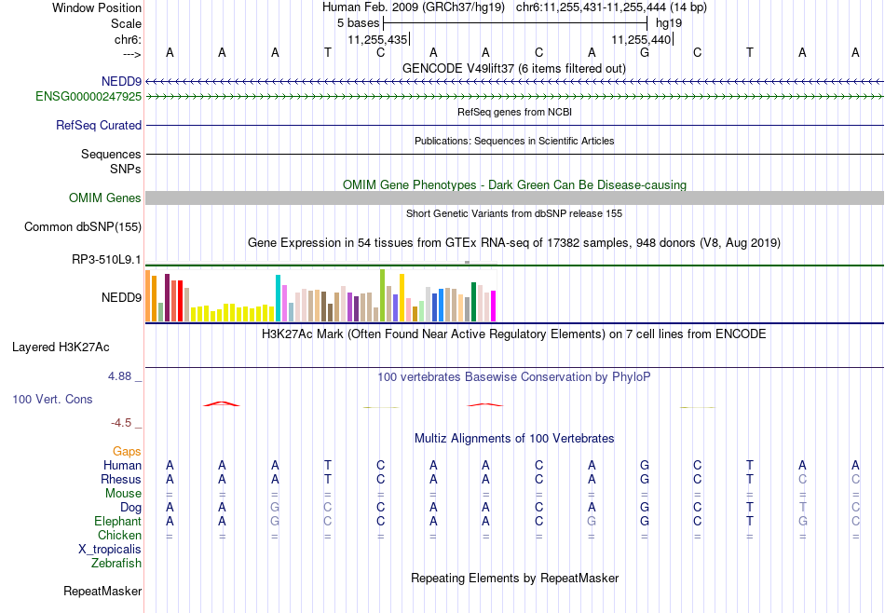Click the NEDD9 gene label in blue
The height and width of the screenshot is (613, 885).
click(121, 81)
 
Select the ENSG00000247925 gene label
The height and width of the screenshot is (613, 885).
click(88, 97)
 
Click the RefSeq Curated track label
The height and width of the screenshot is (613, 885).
click(99, 126)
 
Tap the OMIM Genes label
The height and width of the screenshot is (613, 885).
click(105, 198)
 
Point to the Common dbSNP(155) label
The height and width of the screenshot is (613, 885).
click(83, 227)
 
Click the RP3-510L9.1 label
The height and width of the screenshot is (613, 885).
click(107, 260)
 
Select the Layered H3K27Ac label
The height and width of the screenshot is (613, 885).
click(61, 347)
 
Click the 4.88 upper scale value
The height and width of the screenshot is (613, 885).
click(119, 376)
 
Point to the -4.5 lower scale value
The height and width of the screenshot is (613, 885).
click(121, 423)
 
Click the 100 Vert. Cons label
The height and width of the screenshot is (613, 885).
click(52, 399)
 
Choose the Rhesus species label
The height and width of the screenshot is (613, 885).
click(121, 479)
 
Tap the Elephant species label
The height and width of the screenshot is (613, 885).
click(118, 521)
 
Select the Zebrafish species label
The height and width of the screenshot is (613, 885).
click(116, 563)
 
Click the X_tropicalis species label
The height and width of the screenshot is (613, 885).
click(110, 550)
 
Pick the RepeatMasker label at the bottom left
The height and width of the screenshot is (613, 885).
click(102, 591)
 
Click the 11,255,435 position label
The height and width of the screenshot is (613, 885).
click(377, 39)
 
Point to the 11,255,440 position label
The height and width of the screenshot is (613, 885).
click(641, 39)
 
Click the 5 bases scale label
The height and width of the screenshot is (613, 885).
click(359, 23)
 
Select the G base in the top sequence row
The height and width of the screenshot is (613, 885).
click(645, 52)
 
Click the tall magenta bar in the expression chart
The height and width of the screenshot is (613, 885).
click(494, 306)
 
